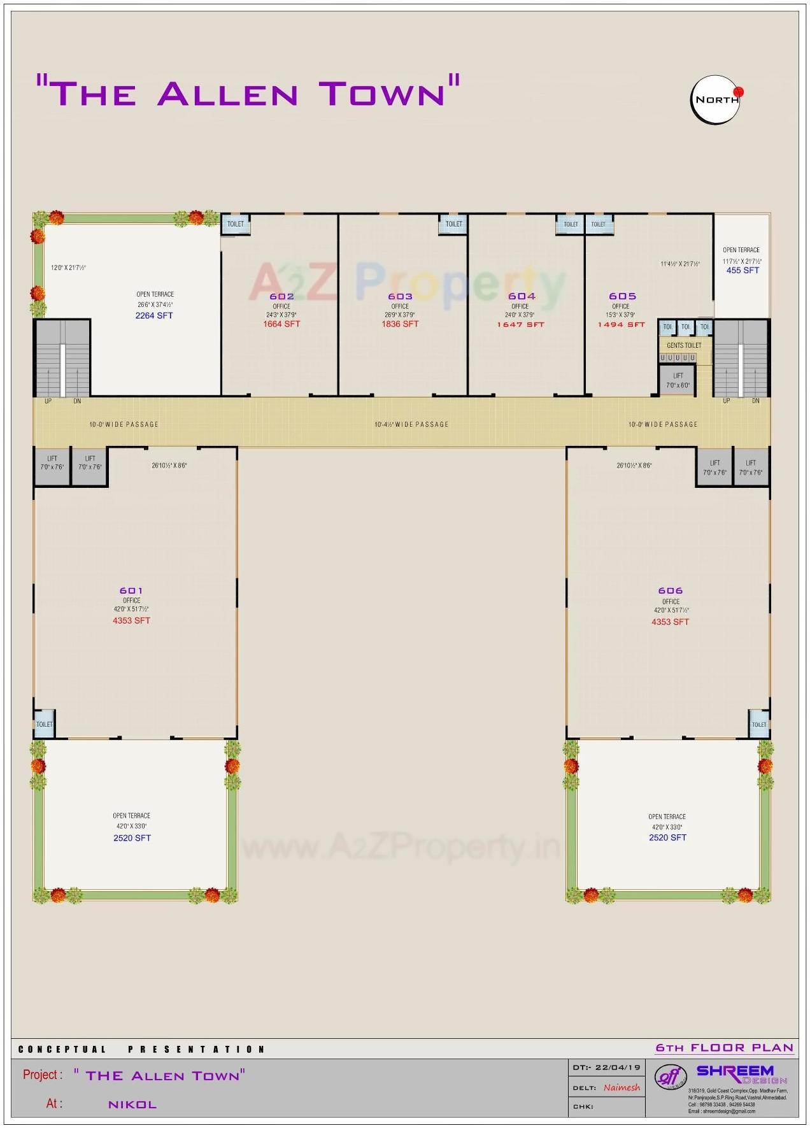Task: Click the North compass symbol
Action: click(x=716, y=100)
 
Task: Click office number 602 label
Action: click(x=281, y=296)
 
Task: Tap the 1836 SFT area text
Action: click(x=400, y=324)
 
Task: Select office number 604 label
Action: click(x=522, y=296)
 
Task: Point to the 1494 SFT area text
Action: click(x=621, y=325)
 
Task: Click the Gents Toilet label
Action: click(x=684, y=345)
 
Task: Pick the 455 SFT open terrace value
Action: click(x=742, y=271)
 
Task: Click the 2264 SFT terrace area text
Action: click(x=154, y=316)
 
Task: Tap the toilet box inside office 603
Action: click(x=453, y=224)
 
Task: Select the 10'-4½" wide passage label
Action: click(x=411, y=424)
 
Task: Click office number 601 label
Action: click(x=131, y=590)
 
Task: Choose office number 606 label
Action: click(x=671, y=590)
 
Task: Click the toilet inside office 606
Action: click(x=759, y=724)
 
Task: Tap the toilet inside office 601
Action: click(x=45, y=724)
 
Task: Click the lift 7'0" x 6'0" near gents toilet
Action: click(x=678, y=380)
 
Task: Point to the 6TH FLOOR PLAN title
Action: click(x=725, y=1048)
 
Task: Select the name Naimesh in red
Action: click(x=622, y=1087)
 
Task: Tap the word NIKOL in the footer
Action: click(x=132, y=1104)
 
